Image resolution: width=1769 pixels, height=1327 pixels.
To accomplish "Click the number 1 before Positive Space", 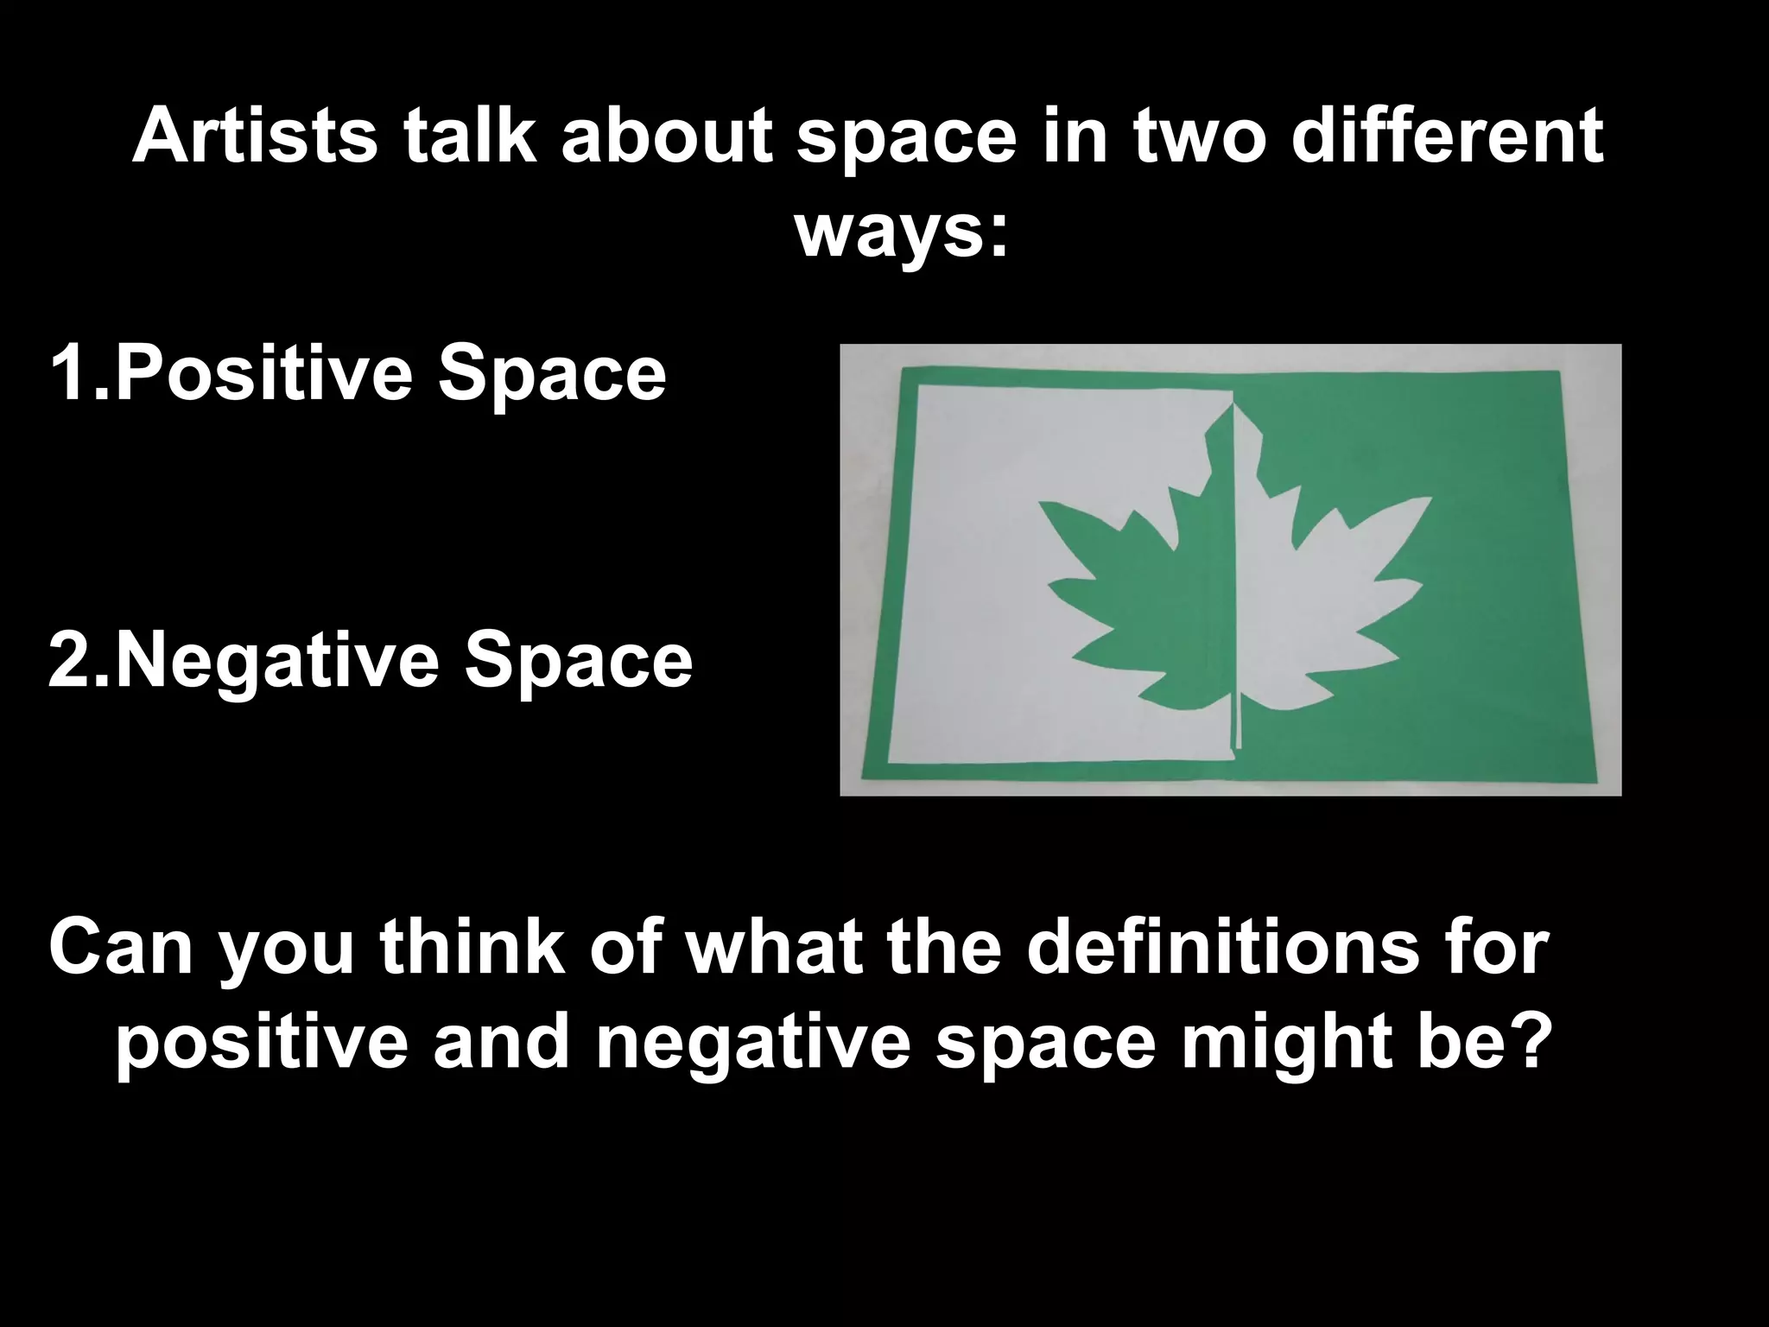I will [x=69, y=374].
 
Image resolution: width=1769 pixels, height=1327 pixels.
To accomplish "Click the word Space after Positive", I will [x=553, y=374].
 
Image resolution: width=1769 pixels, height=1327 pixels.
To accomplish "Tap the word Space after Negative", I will [x=579, y=662].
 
